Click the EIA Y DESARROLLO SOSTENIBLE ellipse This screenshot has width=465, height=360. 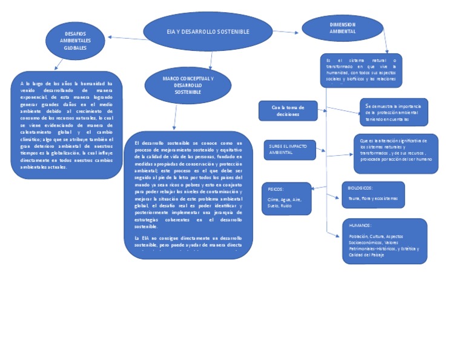(x=208, y=32)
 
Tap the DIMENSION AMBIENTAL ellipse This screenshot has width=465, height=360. (x=342, y=28)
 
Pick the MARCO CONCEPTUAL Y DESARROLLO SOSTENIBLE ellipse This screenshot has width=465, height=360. (x=188, y=85)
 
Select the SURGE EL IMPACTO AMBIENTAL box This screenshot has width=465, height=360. (x=289, y=150)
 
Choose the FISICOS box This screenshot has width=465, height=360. (x=286, y=198)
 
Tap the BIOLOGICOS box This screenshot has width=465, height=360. (x=372, y=195)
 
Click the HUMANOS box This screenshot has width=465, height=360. (x=384, y=241)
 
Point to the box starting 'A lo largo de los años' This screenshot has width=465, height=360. (x=67, y=125)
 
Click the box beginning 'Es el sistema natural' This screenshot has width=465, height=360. (x=361, y=70)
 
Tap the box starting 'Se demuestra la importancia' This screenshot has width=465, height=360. (x=394, y=112)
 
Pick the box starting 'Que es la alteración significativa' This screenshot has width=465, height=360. (x=395, y=153)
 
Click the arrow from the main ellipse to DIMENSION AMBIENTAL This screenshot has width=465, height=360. (x=286, y=31)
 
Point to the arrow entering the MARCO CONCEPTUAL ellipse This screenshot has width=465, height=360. (x=210, y=59)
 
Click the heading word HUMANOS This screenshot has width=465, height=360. (x=361, y=225)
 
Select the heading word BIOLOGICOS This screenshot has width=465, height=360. (x=360, y=188)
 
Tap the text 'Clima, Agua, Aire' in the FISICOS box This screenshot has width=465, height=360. (x=284, y=199)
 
